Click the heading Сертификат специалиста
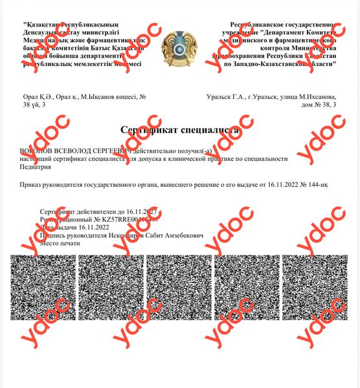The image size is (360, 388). pos(179,130)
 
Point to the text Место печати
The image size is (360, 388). pos(61,244)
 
